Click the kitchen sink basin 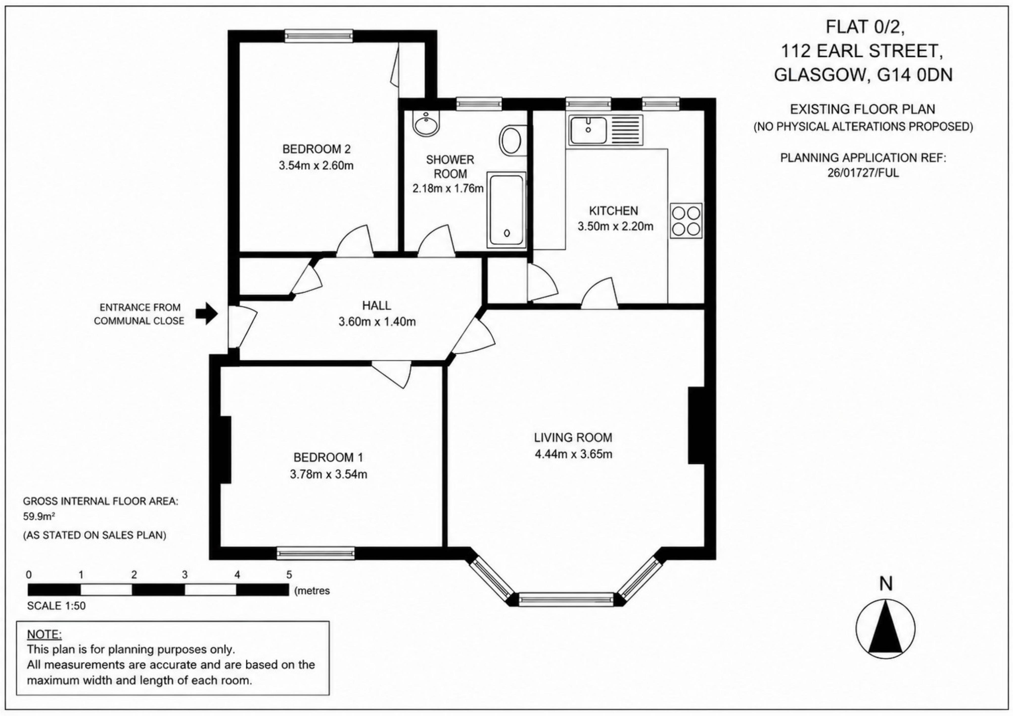click(x=588, y=129)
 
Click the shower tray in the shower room click(x=506, y=210)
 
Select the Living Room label click(x=573, y=437)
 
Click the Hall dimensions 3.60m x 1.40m click(x=377, y=322)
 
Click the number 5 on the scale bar click(x=289, y=574)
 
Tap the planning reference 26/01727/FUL click(x=863, y=173)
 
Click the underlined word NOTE click(x=44, y=634)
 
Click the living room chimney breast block click(x=696, y=425)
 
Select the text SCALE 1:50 click(x=56, y=606)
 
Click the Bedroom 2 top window click(x=319, y=36)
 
